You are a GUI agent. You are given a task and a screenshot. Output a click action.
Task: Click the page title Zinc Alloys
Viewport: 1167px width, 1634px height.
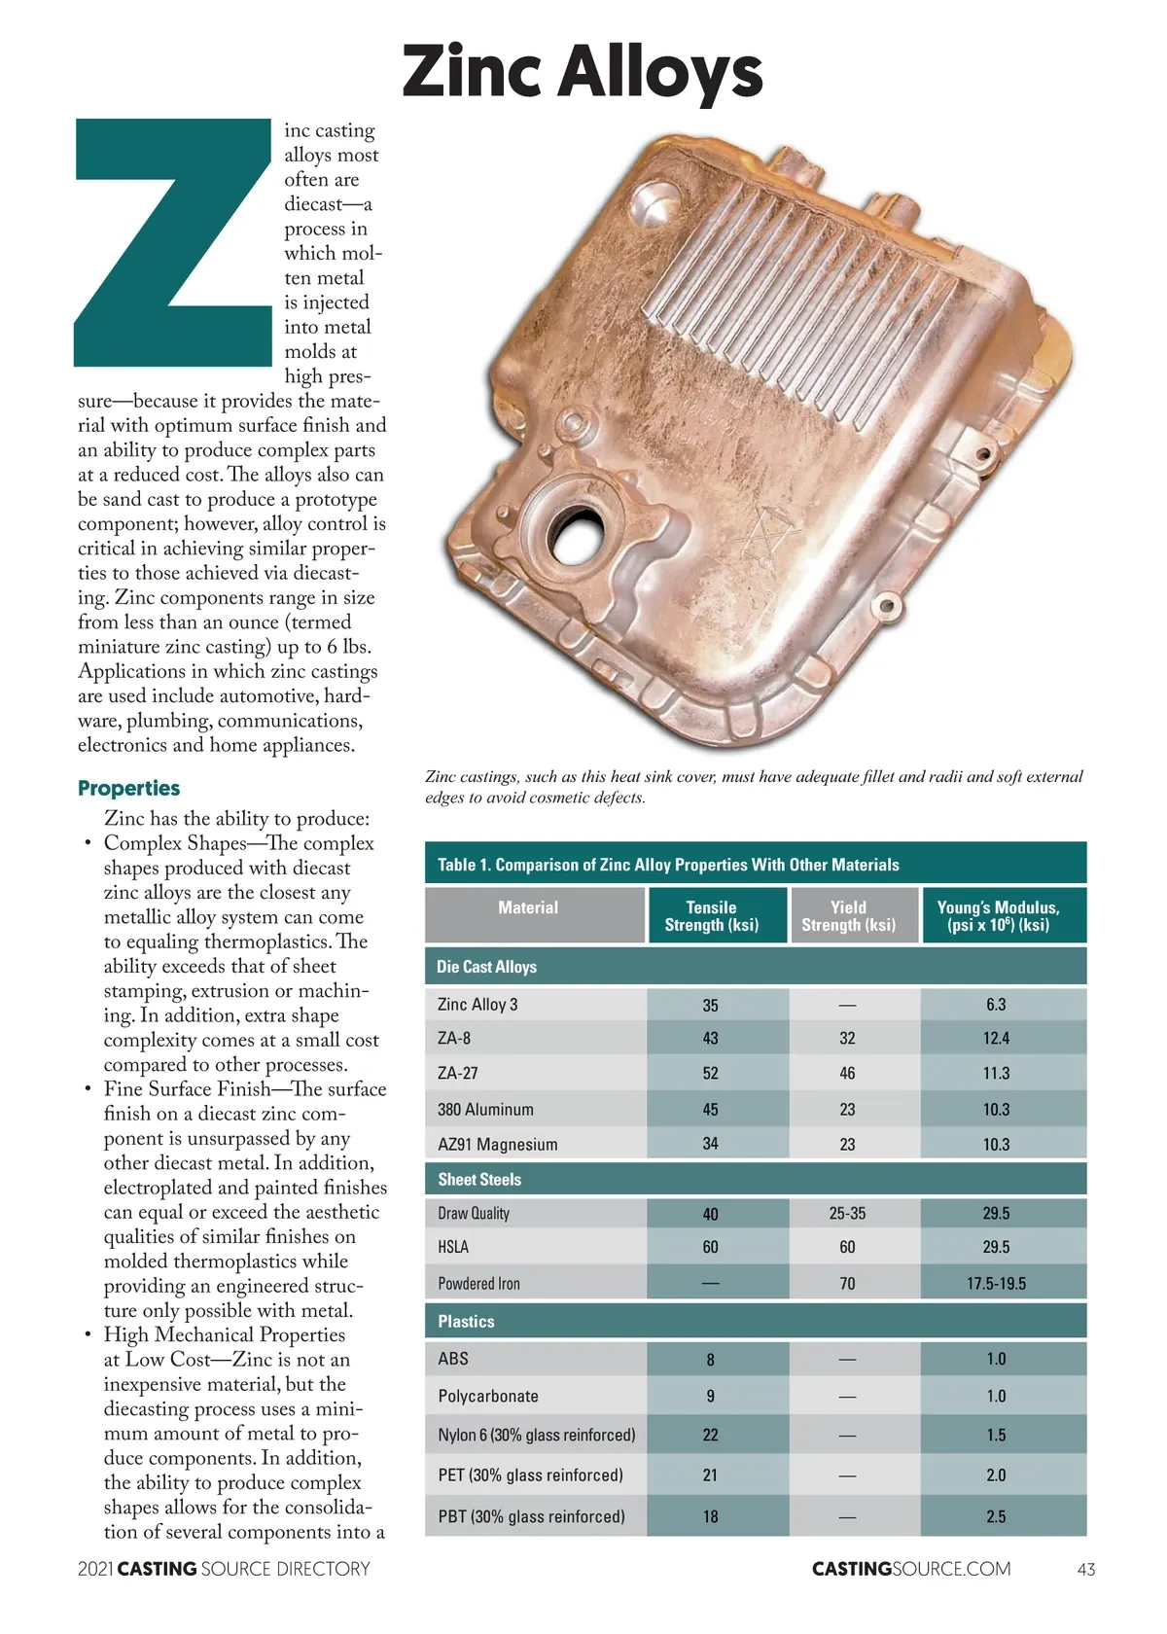(583, 71)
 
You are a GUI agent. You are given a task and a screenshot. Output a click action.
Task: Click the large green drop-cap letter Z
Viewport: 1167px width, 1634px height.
(173, 242)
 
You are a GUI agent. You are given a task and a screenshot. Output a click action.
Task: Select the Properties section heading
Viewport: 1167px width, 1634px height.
(128, 788)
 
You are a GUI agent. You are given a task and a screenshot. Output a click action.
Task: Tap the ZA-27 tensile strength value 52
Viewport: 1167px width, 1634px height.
(711, 1074)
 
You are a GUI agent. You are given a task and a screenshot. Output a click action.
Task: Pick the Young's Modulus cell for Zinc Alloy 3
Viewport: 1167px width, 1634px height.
(996, 1005)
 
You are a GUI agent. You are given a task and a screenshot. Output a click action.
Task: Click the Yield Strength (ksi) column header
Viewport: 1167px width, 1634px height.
(848, 915)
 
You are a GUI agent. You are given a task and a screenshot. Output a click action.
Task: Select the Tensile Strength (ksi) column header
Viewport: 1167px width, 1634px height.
(711, 915)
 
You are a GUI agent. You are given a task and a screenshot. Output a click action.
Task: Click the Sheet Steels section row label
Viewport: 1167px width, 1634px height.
(479, 1180)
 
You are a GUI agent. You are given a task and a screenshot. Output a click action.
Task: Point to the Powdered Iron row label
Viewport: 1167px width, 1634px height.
(478, 1284)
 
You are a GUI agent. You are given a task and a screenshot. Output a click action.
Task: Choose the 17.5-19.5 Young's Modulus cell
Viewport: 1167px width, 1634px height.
(996, 1284)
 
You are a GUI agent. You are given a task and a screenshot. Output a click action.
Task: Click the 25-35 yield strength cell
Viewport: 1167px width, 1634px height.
(847, 1214)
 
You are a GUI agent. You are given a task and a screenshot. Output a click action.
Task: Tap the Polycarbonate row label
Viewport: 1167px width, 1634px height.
(487, 1397)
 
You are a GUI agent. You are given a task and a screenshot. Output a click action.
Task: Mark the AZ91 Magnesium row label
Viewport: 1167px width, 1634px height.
(497, 1145)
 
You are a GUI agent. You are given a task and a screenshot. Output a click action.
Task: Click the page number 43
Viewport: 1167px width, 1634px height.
(1086, 1569)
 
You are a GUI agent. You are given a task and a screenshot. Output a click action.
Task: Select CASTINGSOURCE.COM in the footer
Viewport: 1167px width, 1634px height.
(911, 1569)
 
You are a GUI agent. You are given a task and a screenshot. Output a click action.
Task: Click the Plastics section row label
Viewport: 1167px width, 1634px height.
(466, 1322)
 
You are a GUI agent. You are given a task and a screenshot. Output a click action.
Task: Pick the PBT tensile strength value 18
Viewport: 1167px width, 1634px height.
(711, 1517)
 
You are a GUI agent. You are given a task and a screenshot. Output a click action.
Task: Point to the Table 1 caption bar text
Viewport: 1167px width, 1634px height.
(668, 865)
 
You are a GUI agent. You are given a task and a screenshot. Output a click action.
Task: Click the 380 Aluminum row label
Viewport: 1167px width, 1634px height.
(485, 1110)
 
